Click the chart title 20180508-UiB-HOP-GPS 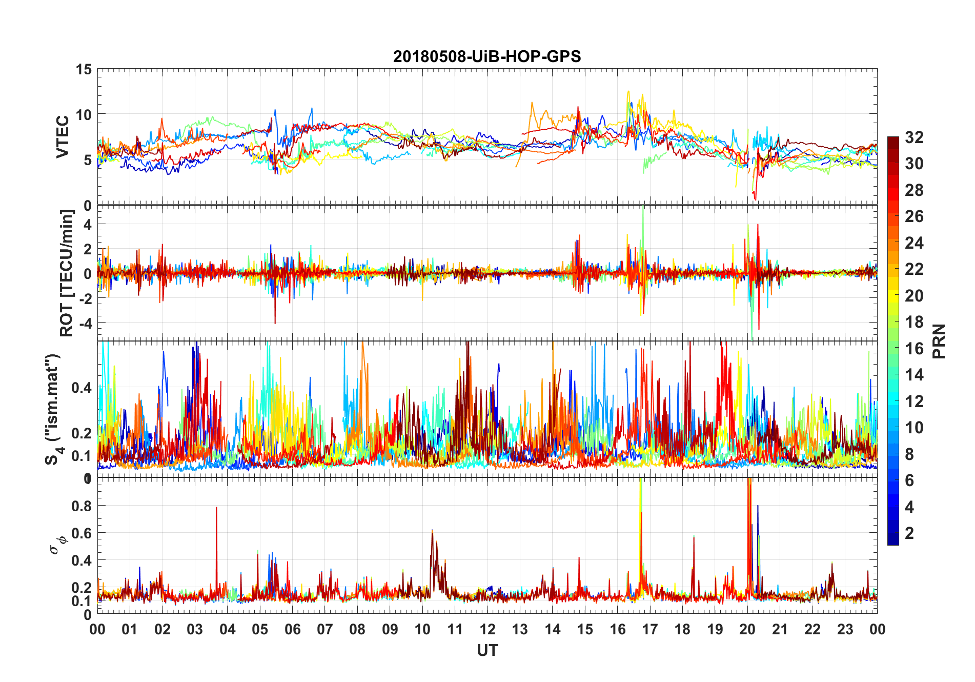pos(487,56)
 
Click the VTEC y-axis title pos(63,137)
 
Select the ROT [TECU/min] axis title pos(67,273)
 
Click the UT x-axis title pos(487,650)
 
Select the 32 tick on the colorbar pos(914,137)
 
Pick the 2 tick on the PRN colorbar pos(909,533)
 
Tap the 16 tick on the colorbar pos(914,348)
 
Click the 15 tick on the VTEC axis pos(84,69)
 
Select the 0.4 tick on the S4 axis pos(82,387)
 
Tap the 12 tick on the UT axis pos(488,629)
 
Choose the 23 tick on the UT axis pos(845,629)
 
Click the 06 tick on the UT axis pos(292,629)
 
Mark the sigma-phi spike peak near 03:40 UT pos(216,508)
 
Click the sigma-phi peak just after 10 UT pos(432,531)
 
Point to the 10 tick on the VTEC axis pos(84,114)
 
